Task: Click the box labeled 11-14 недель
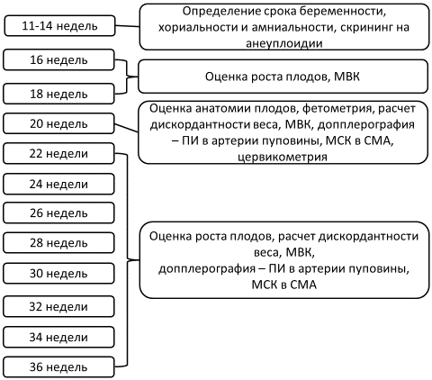(59, 26)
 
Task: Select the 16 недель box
(58, 60)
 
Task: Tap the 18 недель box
(58, 94)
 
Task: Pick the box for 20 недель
(58, 123)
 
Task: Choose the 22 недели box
(58, 153)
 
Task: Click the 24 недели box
(58, 184)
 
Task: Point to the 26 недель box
(58, 213)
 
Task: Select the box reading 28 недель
(58, 242)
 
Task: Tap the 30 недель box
(58, 274)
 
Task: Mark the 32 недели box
(58, 306)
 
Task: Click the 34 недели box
(58, 337)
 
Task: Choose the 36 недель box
(58, 366)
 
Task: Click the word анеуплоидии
(284, 43)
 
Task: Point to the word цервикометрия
(283, 157)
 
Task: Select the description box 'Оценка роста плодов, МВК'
(283, 77)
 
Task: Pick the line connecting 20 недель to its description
(127, 128)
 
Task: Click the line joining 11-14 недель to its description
(128, 26)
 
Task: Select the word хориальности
(198, 28)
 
